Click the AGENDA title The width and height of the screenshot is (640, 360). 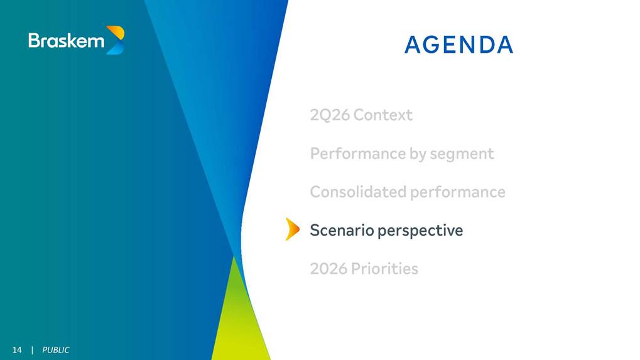click(x=458, y=45)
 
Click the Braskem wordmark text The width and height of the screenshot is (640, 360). click(x=67, y=41)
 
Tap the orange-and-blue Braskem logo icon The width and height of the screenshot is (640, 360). click(x=115, y=40)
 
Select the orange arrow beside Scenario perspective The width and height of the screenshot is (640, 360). click(x=292, y=229)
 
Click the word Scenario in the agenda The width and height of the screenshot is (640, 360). click(x=342, y=230)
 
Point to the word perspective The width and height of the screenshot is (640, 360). click(x=420, y=231)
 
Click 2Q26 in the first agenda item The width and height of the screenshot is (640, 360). click(x=330, y=115)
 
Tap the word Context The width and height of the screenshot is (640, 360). click(x=383, y=115)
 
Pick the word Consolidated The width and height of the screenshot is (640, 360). click(x=358, y=192)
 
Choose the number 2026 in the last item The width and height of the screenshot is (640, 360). click(x=328, y=268)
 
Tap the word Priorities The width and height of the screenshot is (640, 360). click(x=384, y=268)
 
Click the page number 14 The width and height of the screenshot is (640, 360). click(x=17, y=350)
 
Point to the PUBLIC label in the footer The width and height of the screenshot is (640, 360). click(x=56, y=350)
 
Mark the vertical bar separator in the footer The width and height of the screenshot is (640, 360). click(x=32, y=350)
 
